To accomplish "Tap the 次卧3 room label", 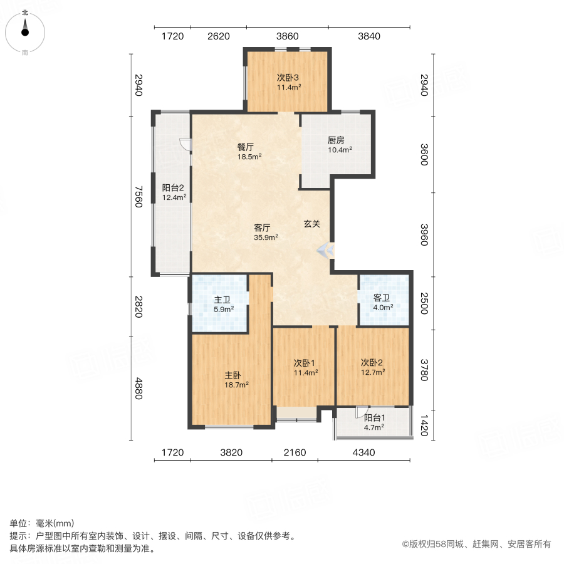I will coord(289,78).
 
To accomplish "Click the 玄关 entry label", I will coord(312,223).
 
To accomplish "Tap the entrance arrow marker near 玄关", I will coord(326,250).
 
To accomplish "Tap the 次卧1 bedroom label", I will coord(306,363).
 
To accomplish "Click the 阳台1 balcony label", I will coord(374,418).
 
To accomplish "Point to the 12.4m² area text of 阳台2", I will coord(174,197).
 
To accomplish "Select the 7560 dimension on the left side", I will coord(138,196).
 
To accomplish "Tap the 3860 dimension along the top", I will coord(288,36).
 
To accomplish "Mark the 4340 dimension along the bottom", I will coord(364,452).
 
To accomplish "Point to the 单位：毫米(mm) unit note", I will coord(41,523).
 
